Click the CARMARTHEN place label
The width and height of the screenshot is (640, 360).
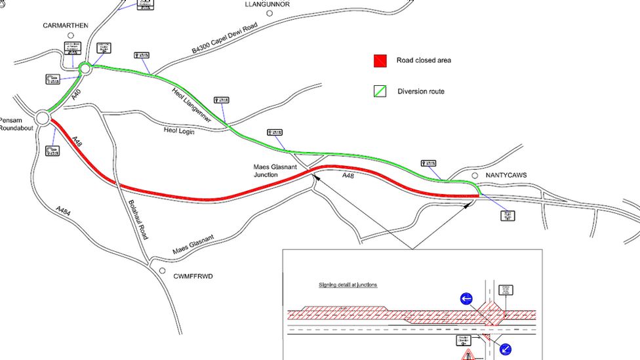[x=65, y=26]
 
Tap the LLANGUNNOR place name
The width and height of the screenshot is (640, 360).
[x=267, y=4]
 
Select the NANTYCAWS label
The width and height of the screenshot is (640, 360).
[x=507, y=176]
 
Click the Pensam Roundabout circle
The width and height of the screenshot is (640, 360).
[x=43, y=118]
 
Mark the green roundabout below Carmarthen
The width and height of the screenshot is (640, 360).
[x=85, y=68]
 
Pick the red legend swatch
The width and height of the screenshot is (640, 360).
[x=380, y=61]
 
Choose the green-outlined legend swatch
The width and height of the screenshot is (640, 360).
[x=380, y=91]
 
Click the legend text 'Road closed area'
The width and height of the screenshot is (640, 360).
[x=424, y=61]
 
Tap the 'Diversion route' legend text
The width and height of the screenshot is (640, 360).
[x=421, y=91]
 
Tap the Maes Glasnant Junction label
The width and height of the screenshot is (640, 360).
[x=275, y=171]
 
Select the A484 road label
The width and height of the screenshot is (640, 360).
[x=63, y=210]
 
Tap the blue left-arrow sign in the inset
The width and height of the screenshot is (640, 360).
[x=466, y=299]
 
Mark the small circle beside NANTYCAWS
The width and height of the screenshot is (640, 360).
[x=475, y=176]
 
